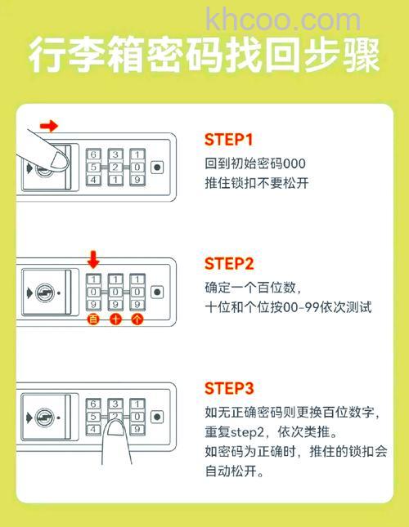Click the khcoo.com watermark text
pos(283,18)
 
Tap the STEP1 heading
pos(229,140)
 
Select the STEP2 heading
pos(230,263)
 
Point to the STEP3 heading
pos(230,387)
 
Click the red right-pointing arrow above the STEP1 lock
pos(50,126)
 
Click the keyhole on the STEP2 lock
pos(47,291)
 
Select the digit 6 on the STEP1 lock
pos(94,154)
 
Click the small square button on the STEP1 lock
pos(156,167)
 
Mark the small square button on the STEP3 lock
pos(156,416)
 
